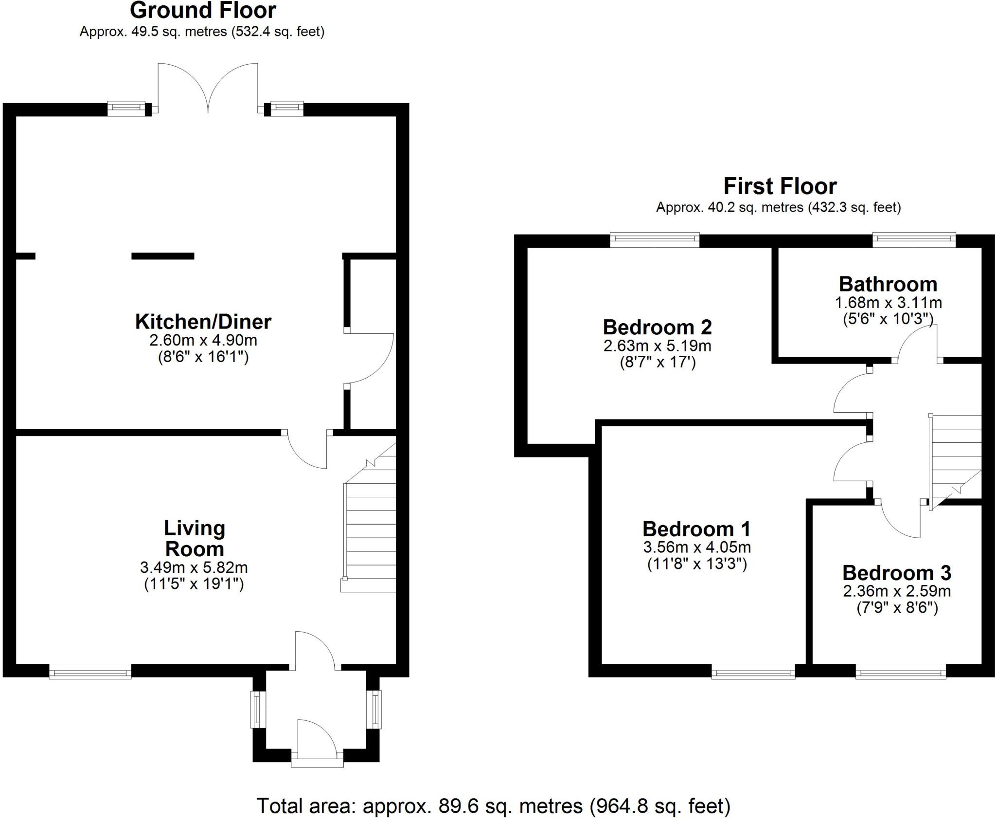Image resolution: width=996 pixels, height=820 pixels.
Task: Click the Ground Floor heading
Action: [203, 11]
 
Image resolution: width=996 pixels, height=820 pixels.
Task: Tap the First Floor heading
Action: [780, 186]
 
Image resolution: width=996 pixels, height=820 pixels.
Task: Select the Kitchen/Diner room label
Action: [203, 322]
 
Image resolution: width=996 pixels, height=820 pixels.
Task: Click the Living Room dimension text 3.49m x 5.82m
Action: [194, 567]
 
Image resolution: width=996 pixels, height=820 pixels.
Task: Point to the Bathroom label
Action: [888, 284]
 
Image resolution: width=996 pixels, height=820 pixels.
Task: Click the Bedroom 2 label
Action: [657, 327]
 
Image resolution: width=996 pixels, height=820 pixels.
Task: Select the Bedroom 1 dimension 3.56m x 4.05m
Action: [697, 547]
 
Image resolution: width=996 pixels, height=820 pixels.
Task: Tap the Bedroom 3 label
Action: [896, 573]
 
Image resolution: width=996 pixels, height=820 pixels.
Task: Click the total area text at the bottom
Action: [493, 806]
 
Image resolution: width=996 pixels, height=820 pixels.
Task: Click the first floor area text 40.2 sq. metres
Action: [779, 208]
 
